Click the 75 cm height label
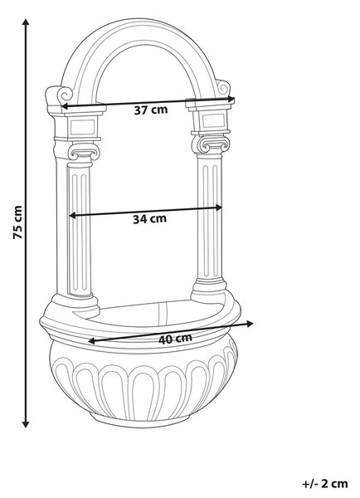pos(17,222)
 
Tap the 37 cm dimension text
pos(150,110)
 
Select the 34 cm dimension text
pos(149,219)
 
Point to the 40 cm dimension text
pos(175,339)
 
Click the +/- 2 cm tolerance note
pos(325,484)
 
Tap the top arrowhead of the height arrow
pos(26,22)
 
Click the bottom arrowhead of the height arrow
pos(26,424)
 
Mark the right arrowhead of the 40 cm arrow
pos(250,324)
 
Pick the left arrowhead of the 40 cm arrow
pos(92,341)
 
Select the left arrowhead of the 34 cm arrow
pos(73,215)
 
